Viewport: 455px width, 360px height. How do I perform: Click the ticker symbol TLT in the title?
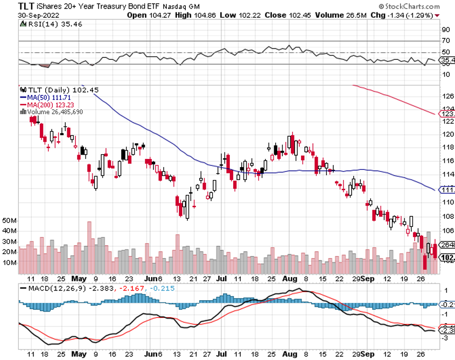pos(12,5)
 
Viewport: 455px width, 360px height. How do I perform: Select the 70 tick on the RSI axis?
pos(446,40)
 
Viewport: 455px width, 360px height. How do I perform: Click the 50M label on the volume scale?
pos(10,221)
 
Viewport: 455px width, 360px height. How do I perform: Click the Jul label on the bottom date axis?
pos(221,355)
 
